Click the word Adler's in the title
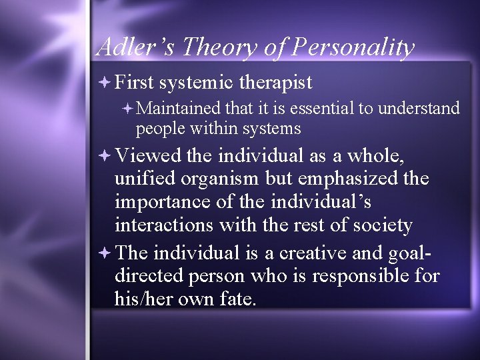coord(136,47)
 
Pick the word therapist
coord(275,83)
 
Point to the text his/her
coord(143,299)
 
